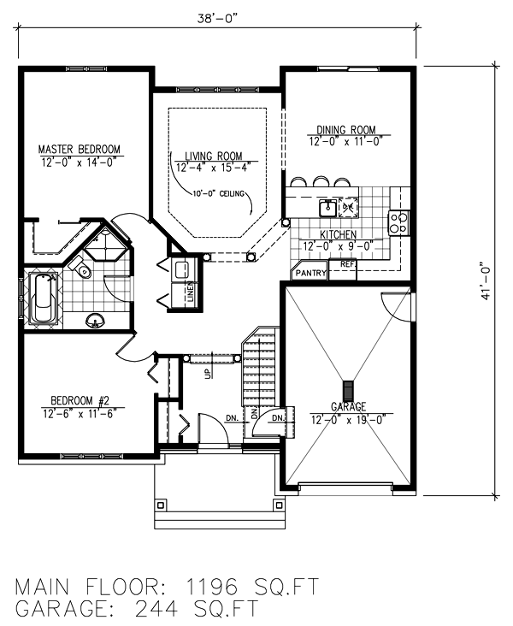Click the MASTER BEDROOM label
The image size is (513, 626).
pos(80,149)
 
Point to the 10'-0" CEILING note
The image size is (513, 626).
pos(219,194)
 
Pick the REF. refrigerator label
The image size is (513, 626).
pos(347,265)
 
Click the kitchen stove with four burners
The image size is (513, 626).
pos(398,222)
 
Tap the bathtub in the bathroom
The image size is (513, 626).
pos(43,298)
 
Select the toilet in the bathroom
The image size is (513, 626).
pos(82,270)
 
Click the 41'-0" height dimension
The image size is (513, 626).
pos(486,280)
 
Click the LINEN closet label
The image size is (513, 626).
pos(190,295)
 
